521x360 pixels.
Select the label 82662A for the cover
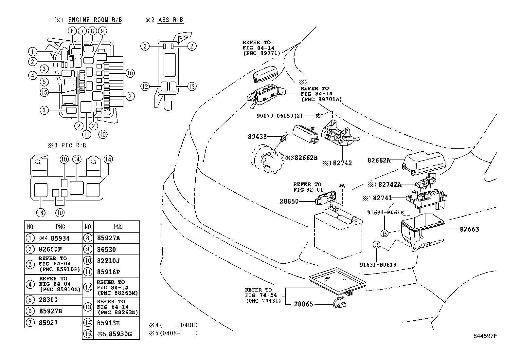point(379,160)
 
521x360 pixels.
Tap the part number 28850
point(289,201)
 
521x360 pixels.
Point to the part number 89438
point(257,137)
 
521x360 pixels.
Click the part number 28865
point(303,304)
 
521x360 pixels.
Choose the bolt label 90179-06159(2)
point(279,116)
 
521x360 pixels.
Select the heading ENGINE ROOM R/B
point(95,20)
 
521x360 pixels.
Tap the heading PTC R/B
point(74,145)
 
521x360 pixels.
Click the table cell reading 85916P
point(109,272)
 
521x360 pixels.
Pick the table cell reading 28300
point(48,300)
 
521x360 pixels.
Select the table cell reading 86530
point(106,249)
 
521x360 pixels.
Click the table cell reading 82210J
point(109,261)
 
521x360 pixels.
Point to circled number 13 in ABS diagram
point(192,87)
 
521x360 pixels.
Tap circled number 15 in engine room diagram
point(44,93)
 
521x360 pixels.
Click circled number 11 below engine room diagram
point(86,134)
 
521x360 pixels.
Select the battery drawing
point(338,233)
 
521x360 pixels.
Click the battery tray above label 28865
point(337,282)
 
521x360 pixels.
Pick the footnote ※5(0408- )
point(173,334)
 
